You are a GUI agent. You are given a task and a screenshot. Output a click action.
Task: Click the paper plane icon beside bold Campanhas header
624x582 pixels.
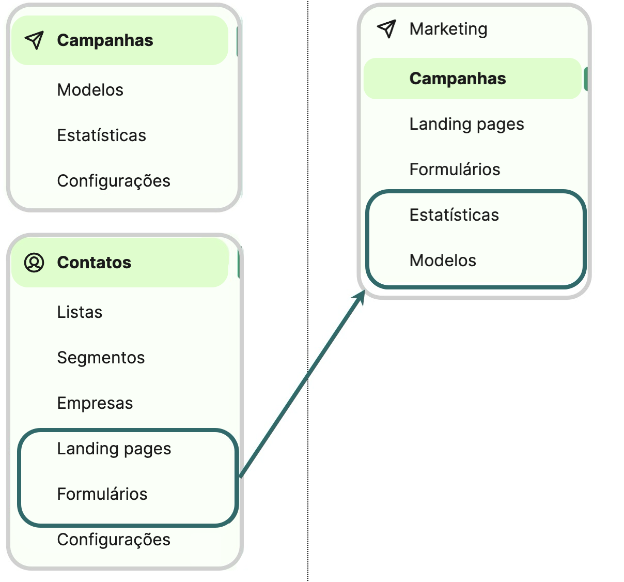(34, 40)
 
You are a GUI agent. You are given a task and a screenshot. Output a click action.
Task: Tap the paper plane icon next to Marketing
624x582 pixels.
(386, 29)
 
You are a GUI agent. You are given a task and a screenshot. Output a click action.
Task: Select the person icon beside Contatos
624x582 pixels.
(34, 263)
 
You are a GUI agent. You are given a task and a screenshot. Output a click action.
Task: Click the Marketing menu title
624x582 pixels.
(448, 29)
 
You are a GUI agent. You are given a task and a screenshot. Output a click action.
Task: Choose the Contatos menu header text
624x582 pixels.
(94, 263)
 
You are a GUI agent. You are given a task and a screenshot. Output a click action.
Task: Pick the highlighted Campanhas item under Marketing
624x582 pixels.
(457, 79)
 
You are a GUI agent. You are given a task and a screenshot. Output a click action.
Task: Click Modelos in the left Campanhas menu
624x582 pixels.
(90, 90)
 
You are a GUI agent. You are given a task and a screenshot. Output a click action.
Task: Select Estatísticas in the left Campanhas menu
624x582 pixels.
(101, 135)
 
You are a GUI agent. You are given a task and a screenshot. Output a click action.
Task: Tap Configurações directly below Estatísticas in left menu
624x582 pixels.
(114, 181)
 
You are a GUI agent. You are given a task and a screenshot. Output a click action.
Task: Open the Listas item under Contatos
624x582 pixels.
(80, 312)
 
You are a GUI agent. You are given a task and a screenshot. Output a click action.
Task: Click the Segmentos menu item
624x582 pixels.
(101, 358)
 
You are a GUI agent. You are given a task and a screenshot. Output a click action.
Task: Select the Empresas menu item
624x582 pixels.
(95, 403)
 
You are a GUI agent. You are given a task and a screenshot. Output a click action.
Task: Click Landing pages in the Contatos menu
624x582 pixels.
(114, 449)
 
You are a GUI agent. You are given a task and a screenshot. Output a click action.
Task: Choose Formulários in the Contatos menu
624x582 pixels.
(102, 494)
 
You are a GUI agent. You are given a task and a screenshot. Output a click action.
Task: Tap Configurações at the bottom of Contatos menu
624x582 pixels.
(114, 540)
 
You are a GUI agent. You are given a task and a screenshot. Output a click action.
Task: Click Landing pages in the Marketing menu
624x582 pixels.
(466, 124)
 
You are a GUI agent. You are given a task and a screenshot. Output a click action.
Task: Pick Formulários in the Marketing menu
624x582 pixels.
(455, 170)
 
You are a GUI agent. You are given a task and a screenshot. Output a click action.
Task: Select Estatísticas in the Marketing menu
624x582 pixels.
(454, 215)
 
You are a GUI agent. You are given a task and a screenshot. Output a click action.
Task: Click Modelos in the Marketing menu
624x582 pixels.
(443, 261)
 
